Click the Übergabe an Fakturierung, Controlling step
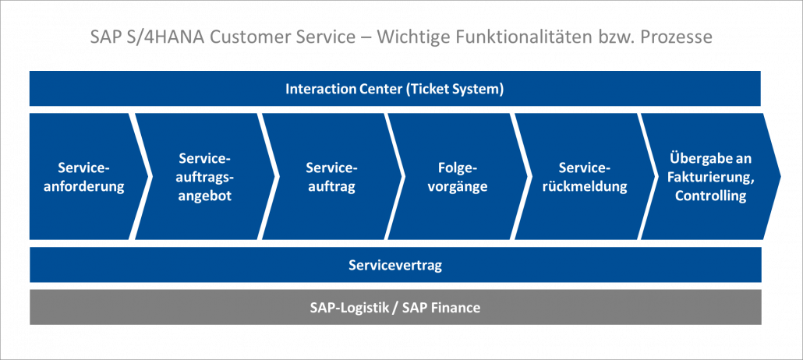pos(710,177)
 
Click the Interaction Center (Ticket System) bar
pos(394,89)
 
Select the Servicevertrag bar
pos(394,266)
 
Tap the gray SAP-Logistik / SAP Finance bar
pos(394,308)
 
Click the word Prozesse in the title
pos(677,37)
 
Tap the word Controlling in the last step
pos(710,196)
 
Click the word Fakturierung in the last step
pos(710,177)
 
